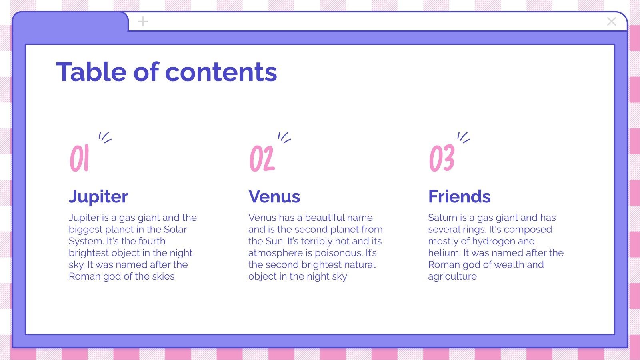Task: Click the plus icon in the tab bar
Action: (x=143, y=22)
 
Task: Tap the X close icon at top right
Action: (x=611, y=22)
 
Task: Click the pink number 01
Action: (x=79, y=158)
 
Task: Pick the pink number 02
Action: (x=262, y=158)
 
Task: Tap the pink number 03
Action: (x=442, y=158)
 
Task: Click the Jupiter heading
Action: (x=98, y=196)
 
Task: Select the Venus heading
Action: (x=274, y=196)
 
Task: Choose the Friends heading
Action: (x=459, y=196)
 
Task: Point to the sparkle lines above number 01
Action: (x=105, y=138)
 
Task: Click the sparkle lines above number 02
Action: (x=284, y=138)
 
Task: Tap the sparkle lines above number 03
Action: (x=464, y=138)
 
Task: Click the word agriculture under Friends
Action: (x=452, y=276)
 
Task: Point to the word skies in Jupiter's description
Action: (x=163, y=276)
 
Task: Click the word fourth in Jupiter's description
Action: (x=152, y=241)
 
